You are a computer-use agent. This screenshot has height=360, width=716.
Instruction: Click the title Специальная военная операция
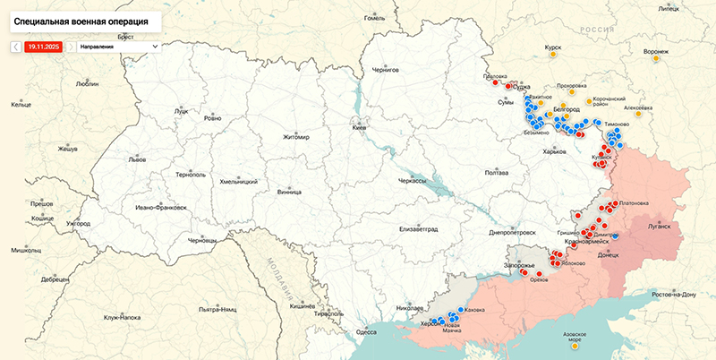[x=81, y=18]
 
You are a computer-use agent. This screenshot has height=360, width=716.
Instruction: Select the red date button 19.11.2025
[x=43, y=46]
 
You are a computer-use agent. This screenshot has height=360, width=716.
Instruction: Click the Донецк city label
[x=608, y=255]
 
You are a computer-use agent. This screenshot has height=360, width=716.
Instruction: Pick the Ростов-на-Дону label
[x=674, y=295]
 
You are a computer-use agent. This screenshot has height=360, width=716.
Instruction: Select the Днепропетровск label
[x=512, y=232]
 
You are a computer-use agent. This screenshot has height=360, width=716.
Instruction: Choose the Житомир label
[x=295, y=137]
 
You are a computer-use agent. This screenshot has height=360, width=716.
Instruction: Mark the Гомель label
[x=374, y=18]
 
